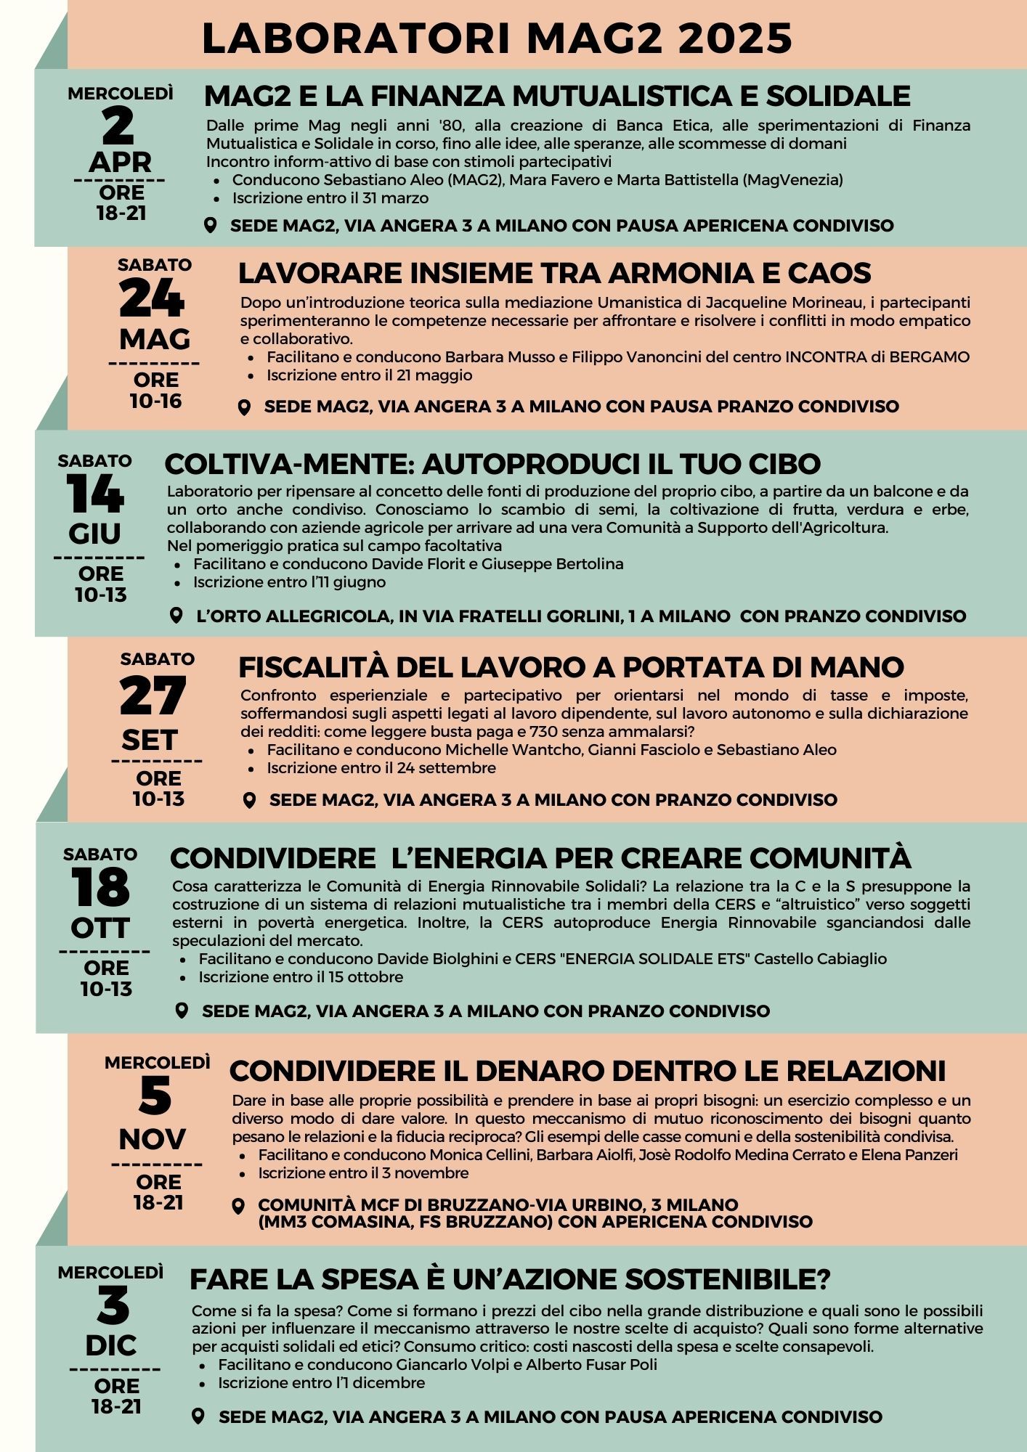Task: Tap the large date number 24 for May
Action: click(152, 298)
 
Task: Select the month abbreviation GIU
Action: click(95, 534)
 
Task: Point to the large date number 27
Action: click(153, 696)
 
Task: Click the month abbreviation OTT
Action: click(100, 928)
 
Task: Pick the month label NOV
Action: click(152, 1139)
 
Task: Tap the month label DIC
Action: click(111, 1345)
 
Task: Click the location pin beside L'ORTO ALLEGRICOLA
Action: click(176, 616)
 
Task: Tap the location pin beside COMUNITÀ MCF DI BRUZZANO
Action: click(238, 1207)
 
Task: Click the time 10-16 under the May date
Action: click(155, 401)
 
